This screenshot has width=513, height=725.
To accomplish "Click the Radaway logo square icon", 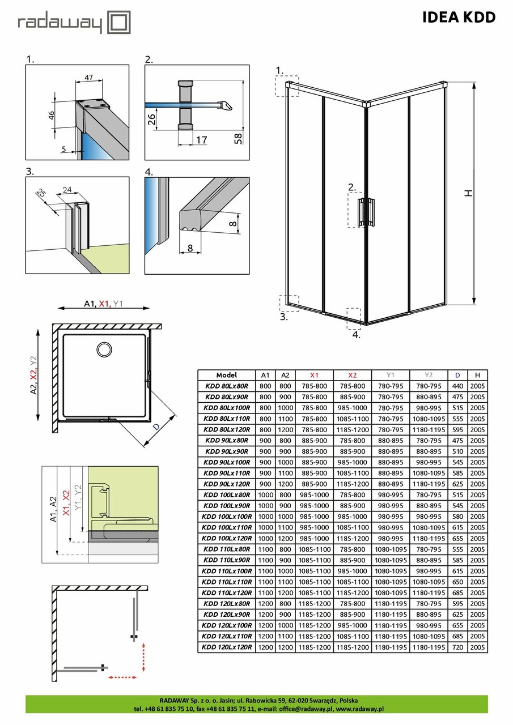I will tap(120, 23).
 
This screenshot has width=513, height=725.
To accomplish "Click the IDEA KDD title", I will tap(459, 18).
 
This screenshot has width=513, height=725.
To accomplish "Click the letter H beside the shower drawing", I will tap(468, 193).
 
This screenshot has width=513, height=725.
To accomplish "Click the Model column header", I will tap(227, 375).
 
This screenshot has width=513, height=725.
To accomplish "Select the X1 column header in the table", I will tap(314, 375).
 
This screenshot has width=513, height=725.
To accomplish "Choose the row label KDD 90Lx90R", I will tap(227, 451).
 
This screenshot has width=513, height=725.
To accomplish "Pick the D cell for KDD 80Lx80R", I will tap(457, 386).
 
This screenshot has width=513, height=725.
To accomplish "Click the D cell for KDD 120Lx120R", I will tap(457, 647).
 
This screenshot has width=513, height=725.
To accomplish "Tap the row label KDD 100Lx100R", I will tap(227, 517).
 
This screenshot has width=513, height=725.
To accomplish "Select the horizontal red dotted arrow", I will tap(123, 677).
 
